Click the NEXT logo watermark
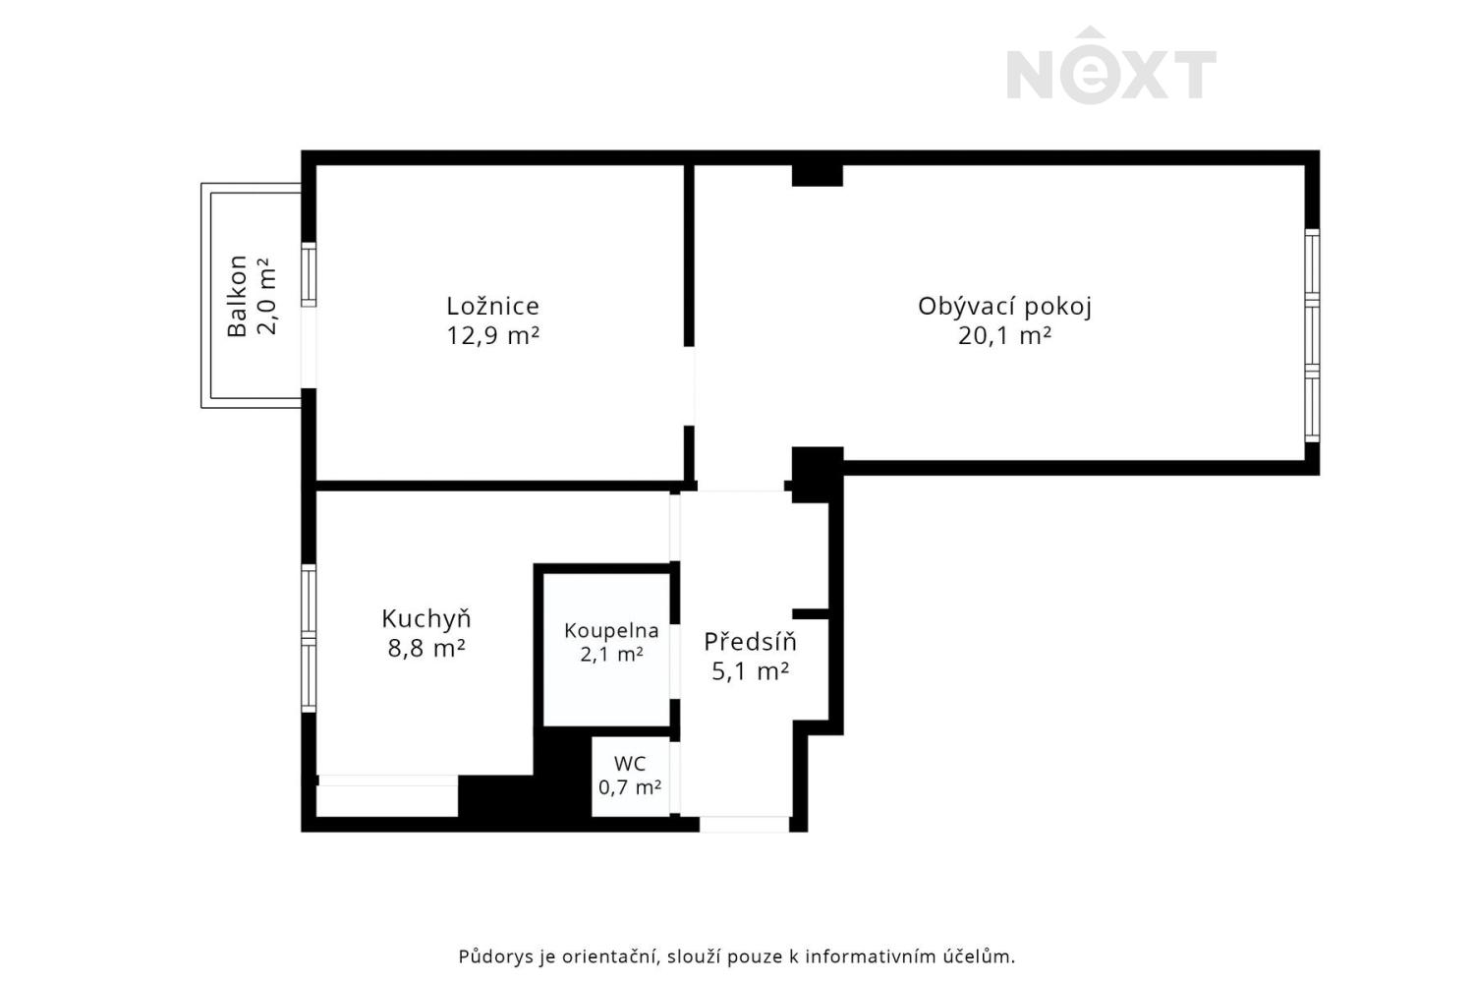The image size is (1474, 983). pyautogui.click(x=1111, y=66)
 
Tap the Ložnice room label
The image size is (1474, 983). pyautogui.click(x=493, y=306)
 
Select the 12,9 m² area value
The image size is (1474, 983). pyautogui.click(x=493, y=336)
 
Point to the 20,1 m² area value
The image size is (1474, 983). pyautogui.click(x=1004, y=336)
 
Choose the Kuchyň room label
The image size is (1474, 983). pyautogui.click(x=426, y=619)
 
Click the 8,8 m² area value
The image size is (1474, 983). pyautogui.click(x=426, y=649)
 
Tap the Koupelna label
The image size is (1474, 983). pyautogui.click(x=611, y=631)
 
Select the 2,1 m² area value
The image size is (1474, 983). pyautogui.click(x=611, y=655)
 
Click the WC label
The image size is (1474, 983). pyautogui.click(x=630, y=764)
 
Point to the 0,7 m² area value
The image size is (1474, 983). pyautogui.click(x=630, y=786)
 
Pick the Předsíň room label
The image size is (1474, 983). pyautogui.click(x=750, y=641)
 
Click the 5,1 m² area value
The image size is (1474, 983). pyautogui.click(x=750, y=671)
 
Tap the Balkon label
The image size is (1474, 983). pyautogui.click(x=237, y=296)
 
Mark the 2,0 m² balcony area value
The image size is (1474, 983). pyautogui.click(x=266, y=296)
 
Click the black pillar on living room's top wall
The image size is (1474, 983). pyautogui.click(x=818, y=175)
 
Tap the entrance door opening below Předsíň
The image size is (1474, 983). pyautogui.click(x=744, y=825)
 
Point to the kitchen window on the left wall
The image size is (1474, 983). pyautogui.click(x=309, y=637)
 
